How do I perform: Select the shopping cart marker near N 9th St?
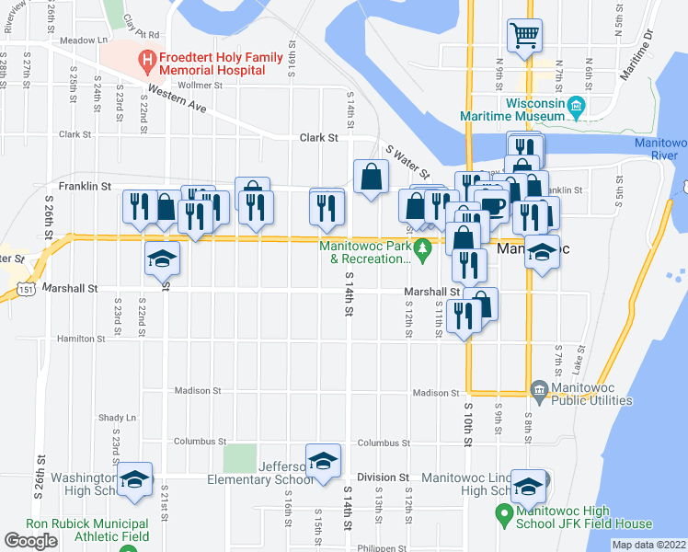tap(524, 37)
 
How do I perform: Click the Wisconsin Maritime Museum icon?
tap(577, 106)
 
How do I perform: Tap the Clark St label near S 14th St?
tap(319, 138)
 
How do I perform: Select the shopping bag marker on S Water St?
tap(370, 177)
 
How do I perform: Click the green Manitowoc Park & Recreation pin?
tap(422, 248)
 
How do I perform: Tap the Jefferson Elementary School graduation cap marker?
tap(322, 460)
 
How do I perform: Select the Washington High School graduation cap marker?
tap(134, 478)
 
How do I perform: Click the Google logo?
tap(31, 541)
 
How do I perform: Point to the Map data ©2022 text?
tap(648, 545)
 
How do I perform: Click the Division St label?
tap(383, 477)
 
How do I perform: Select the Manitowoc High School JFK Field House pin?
tap(503, 512)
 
